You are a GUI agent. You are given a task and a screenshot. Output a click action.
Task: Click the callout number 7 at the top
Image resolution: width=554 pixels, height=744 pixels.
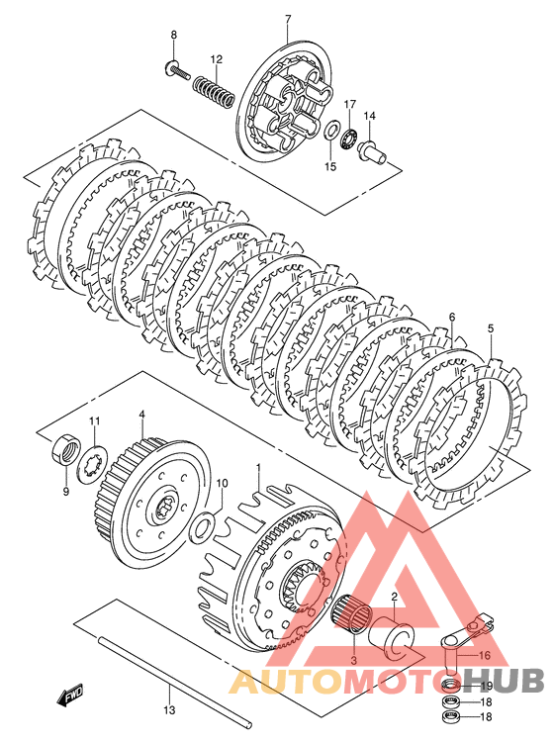[x=288, y=20]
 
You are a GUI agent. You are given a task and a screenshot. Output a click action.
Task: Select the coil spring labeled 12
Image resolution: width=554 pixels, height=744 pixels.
[x=214, y=89]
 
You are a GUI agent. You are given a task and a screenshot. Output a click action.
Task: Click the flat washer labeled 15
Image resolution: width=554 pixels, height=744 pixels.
[x=331, y=130]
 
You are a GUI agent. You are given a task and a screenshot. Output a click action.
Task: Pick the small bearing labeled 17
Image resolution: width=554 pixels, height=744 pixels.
[x=351, y=137]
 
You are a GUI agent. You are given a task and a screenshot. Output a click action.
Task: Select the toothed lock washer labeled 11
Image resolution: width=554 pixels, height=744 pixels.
[x=93, y=462]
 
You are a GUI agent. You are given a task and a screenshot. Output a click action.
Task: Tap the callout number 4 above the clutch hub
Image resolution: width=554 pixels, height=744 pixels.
[x=141, y=416]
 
